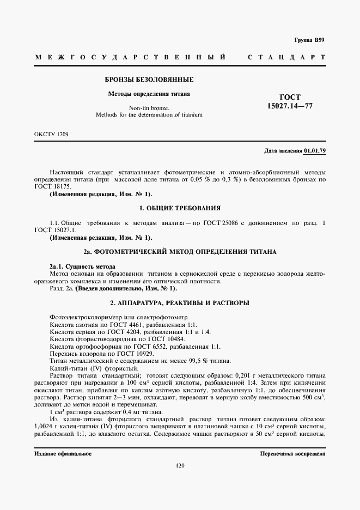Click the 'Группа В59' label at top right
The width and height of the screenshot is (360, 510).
(x=309, y=40)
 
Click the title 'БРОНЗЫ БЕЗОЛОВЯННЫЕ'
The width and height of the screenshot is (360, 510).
(x=149, y=80)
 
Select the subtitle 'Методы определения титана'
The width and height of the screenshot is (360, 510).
(x=149, y=94)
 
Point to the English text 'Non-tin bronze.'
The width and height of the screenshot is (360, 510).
(x=149, y=108)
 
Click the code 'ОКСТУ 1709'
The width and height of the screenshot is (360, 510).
(x=51, y=134)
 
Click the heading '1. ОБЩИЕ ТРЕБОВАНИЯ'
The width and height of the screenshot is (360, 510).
(x=180, y=208)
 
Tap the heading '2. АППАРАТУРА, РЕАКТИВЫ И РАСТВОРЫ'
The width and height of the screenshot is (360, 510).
(x=180, y=302)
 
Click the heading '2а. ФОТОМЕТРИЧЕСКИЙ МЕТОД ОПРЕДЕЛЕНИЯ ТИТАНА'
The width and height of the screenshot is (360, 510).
(x=180, y=252)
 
